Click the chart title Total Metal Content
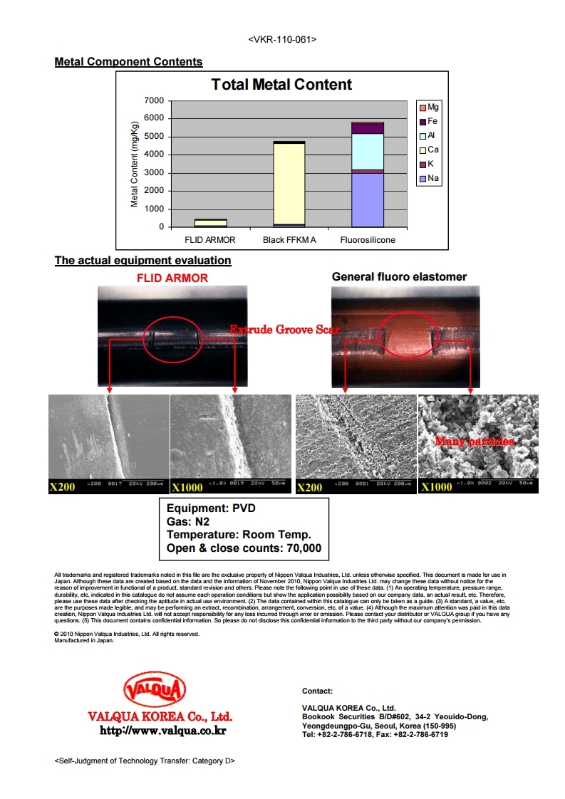pyautogui.click(x=281, y=85)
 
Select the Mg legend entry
pyautogui.click(x=432, y=108)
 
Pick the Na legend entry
pyautogui.click(x=432, y=178)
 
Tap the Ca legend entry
pyautogui.click(x=432, y=150)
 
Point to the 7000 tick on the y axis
pyautogui.click(x=154, y=100)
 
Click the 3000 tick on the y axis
pyautogui.click(x=154, y=173)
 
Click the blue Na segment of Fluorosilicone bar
pyautogui.click(x=368, y=200)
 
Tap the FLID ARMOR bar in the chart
pyautogui.click(x=210, y=223)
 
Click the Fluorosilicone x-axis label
pyautogui.click(x=368, y=240)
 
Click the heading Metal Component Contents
pyautogui.click(x=128, y=62)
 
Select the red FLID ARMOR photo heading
pyautogui.click(x=172, y=278)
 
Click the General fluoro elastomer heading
pyautogui.click(x=399, y=276)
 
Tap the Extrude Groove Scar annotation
pyautogui.click(x=284, y=330)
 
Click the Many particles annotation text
pyautogui.click(x=475, y=442)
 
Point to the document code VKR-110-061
pyautogui.click(x=282, y=39)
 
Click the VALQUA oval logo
pyautogui.click(x=155, y=690)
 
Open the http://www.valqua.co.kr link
pyautogui.click(x=162, y=730)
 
